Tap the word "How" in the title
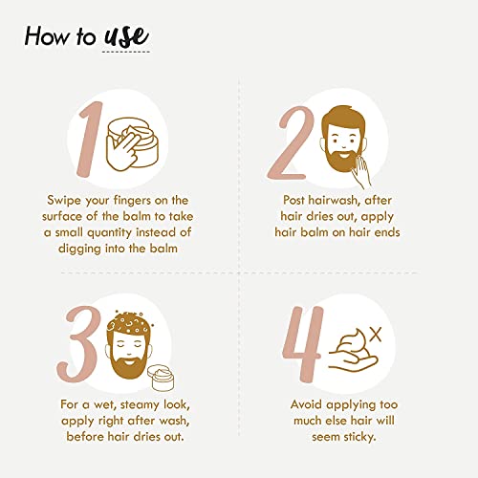tap(47, 35)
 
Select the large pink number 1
tap(90, 140)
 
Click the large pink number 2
tap(291, 142)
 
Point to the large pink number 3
tap(79, 343)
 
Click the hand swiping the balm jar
tap(123, 150)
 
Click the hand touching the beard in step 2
tap(362, 170)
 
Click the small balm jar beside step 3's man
tap(163, 378)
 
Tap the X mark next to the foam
tap(377, 335)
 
